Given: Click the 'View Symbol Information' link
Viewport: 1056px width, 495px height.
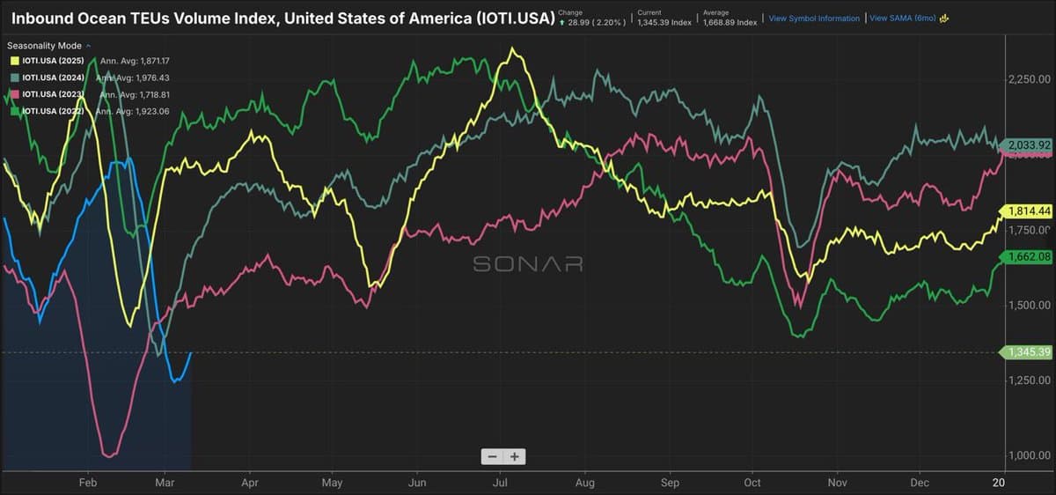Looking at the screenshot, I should [814, 18].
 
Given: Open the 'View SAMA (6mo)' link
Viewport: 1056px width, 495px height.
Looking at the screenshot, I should [902, 18].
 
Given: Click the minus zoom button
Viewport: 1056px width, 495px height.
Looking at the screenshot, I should [492, 456].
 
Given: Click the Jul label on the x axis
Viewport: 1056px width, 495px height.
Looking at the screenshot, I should [500, 483].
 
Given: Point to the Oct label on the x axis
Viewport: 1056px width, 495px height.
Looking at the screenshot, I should [753, 483].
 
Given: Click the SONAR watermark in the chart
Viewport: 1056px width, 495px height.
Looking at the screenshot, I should [527, 264].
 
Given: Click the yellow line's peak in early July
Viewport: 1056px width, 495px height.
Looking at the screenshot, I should [511, 49].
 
